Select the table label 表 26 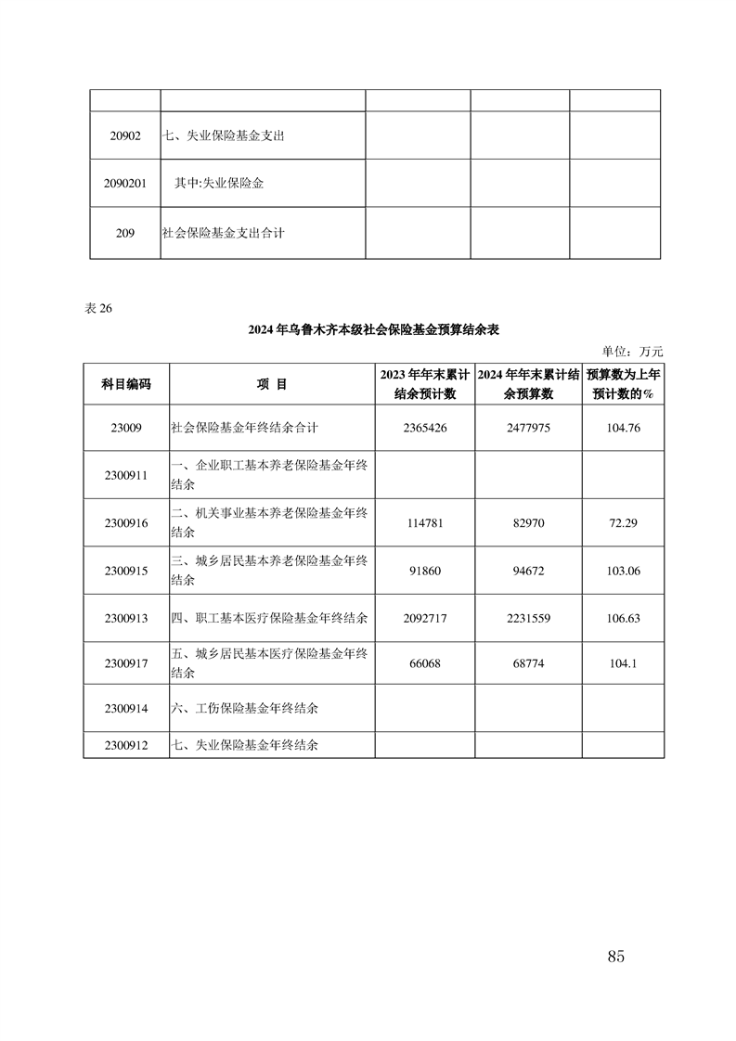click(x=97, y=310)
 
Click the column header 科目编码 click(x=125, y=383)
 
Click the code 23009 click(x=125, y=428)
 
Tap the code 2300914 click(x=125, y=709)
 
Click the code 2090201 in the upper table click(x=125, y=184)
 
